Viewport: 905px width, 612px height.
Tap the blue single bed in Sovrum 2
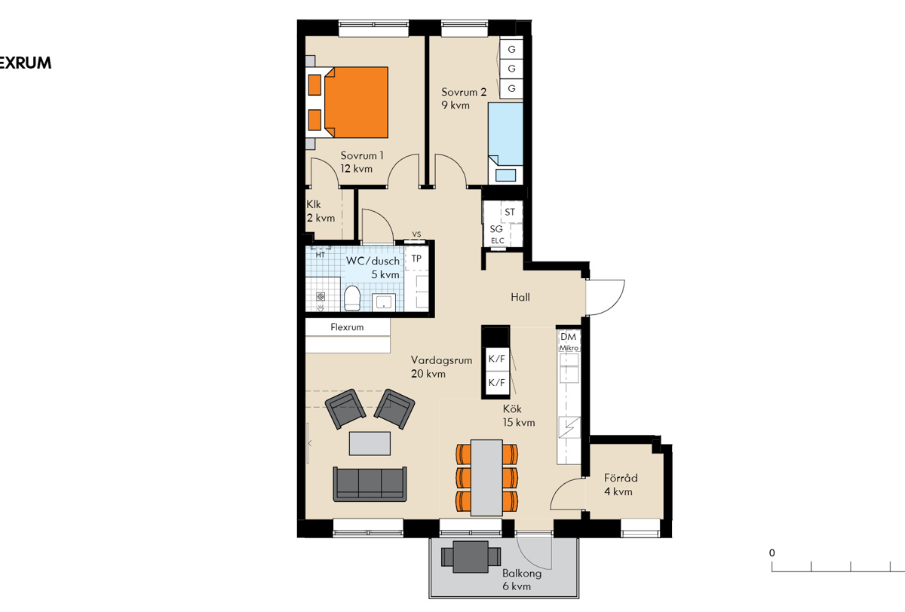[505, 134]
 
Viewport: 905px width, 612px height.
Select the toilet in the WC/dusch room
[352, 298]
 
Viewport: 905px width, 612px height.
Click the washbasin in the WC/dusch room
[383, 301]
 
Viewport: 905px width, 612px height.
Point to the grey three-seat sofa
[370, 484]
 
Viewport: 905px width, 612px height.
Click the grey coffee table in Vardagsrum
[370, 443]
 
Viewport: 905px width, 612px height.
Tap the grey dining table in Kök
[486, 477]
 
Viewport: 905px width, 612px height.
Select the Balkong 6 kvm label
[522, 580]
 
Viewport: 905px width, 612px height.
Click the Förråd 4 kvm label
[621, 485]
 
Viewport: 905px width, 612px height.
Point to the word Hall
[520, 298]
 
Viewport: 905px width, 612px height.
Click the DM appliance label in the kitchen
[568, 337]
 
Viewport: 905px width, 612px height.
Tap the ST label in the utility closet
[510, 212]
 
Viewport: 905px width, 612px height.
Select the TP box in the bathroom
[416, 259]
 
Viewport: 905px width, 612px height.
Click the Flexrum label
[347, 327]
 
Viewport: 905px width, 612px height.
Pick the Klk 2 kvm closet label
[321, 211]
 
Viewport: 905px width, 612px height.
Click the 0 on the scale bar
[772, 553]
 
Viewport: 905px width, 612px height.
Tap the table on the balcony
[471, 557]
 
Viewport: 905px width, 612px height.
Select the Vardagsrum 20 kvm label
[441, 367]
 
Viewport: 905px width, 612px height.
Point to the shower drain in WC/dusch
[321, 297]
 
